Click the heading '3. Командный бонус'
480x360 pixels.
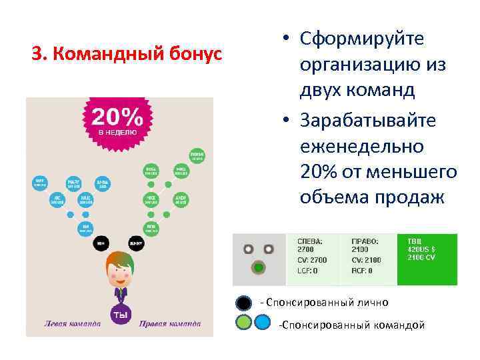[x=127, y=53]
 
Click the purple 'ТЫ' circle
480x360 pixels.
[x=121, y=314]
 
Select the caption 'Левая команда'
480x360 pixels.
[x=73, y=325]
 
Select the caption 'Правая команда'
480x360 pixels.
[x=170, y=325]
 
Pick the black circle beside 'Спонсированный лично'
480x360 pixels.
[x=244, y=303]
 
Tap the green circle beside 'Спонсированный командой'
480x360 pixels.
[x=245, y=324]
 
